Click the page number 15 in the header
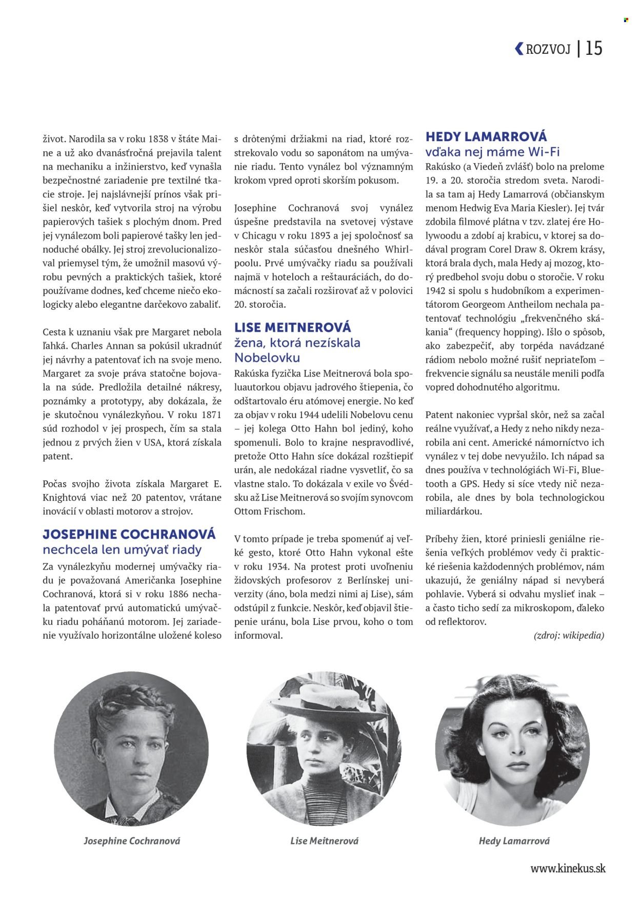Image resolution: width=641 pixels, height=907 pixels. click(x=593, y=48)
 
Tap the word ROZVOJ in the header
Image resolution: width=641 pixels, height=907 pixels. click(x=548, y=49)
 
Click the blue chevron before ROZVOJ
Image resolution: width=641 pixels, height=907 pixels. click(x=519, y=48)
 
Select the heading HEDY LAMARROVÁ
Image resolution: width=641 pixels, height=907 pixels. click(x=486, y=136)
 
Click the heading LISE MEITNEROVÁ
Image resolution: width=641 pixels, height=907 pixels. click(x=292, y=327)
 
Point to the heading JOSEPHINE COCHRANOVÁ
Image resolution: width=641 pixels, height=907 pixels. click(x=129, y=534)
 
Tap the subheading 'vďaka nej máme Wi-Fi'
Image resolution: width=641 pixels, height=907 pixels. click(x=492, y=152)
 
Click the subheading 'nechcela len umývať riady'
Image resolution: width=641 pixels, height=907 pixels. click(x=122, y=549)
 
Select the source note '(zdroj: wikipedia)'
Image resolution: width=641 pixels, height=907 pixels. click(x=569, y=635)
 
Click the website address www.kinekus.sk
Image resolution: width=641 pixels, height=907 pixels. click(x=568, y=868)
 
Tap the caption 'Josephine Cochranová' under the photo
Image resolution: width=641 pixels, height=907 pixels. click(x=132, y=840)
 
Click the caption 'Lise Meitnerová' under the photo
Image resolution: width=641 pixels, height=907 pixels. click(x=324, y=840)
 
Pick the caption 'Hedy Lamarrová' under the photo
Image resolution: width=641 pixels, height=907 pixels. click(x=514, y=840)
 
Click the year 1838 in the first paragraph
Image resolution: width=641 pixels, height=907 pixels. click(x=158, y=139)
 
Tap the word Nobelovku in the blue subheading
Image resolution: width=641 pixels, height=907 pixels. click(x=267, y=358)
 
